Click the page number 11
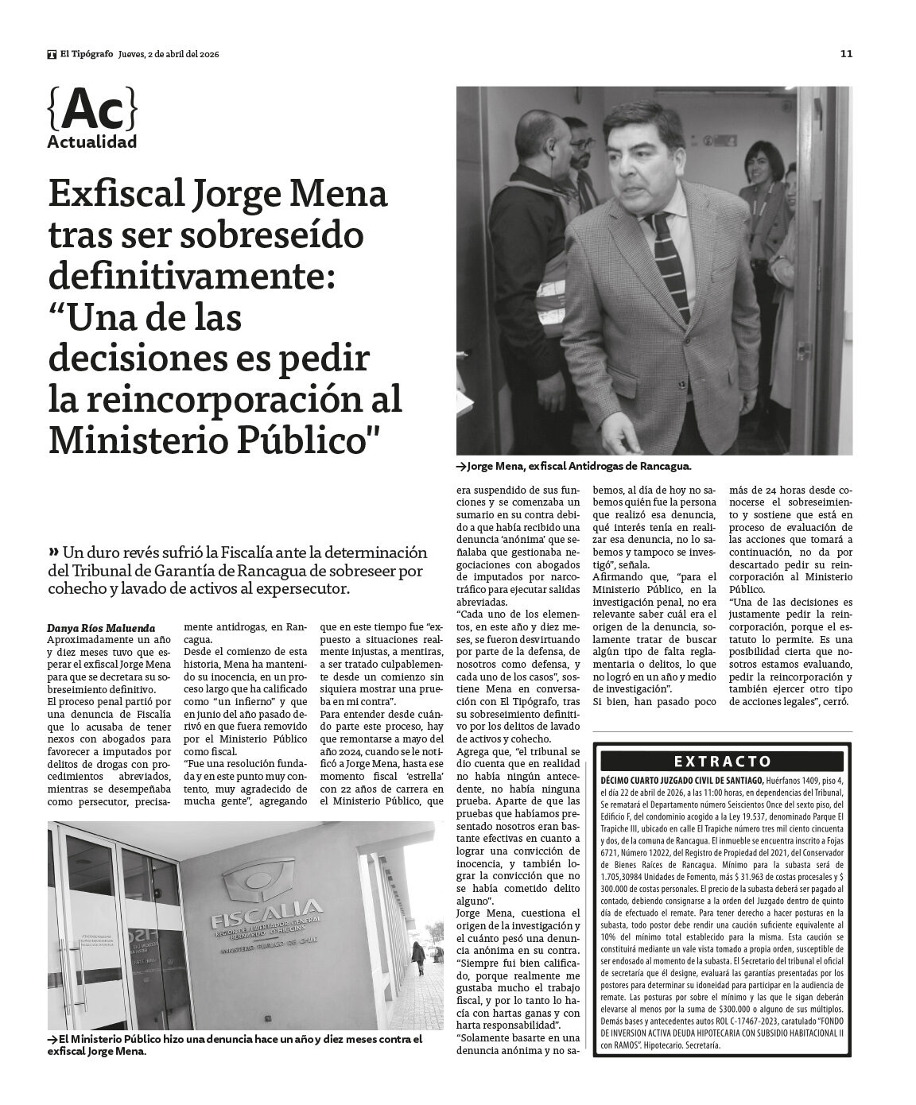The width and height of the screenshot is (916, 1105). pos(846,54)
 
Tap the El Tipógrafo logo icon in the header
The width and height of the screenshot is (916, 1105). pos(52,54)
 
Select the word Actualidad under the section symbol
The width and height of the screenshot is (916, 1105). pos(92,142)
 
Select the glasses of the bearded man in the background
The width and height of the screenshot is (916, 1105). pos(583,144)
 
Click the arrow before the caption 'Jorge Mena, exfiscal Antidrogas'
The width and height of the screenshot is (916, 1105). pos(461,467)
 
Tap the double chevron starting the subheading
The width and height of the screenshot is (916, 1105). pos(54,551)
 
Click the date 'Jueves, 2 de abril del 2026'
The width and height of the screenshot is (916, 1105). pos(169,54)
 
